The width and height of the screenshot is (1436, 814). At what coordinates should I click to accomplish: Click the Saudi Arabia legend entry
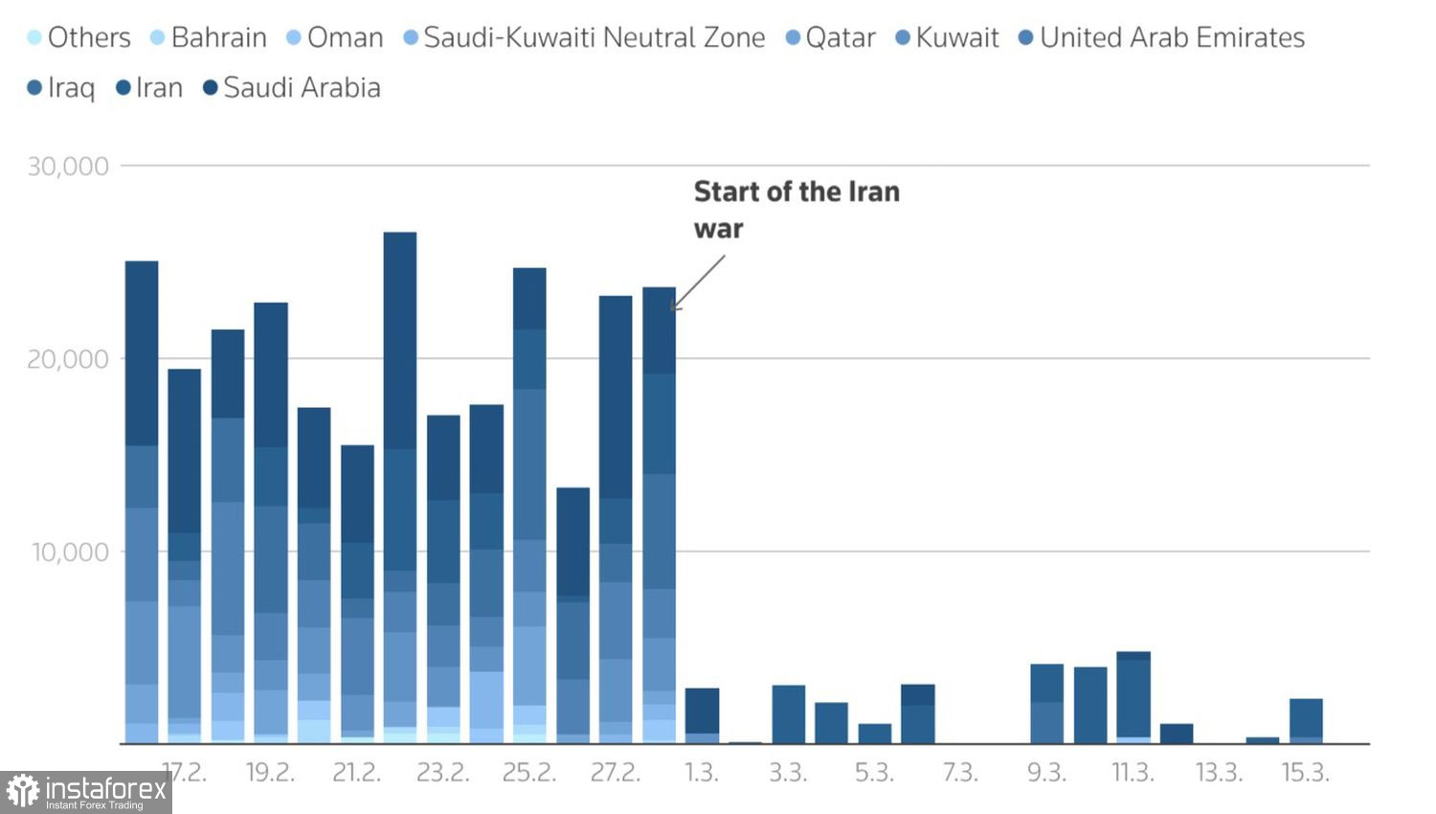292,88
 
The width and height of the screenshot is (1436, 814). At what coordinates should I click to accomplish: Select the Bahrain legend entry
209,37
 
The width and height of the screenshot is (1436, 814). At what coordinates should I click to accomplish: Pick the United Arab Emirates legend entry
1161,37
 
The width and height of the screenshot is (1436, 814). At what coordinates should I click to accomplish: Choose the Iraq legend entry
62,88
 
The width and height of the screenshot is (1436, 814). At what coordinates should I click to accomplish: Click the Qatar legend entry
830,37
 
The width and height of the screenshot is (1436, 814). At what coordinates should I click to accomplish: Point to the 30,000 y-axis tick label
68,167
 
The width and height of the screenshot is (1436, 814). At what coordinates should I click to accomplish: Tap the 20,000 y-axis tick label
68,359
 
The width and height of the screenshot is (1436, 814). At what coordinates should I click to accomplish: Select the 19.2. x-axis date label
270,773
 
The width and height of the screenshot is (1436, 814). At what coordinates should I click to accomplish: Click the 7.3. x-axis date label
960,773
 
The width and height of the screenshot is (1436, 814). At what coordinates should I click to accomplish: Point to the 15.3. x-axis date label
1305,773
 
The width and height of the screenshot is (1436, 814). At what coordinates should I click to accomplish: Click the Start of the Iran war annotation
797,210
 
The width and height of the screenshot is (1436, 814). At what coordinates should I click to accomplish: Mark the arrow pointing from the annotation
699,283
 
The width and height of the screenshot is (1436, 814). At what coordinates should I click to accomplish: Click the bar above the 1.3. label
702,715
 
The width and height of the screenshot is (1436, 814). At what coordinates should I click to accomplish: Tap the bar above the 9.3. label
1046,704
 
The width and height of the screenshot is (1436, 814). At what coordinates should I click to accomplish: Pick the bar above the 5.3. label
874,734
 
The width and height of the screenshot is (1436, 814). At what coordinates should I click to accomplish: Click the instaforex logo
86,792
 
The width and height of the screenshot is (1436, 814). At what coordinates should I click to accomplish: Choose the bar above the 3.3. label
788,714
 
